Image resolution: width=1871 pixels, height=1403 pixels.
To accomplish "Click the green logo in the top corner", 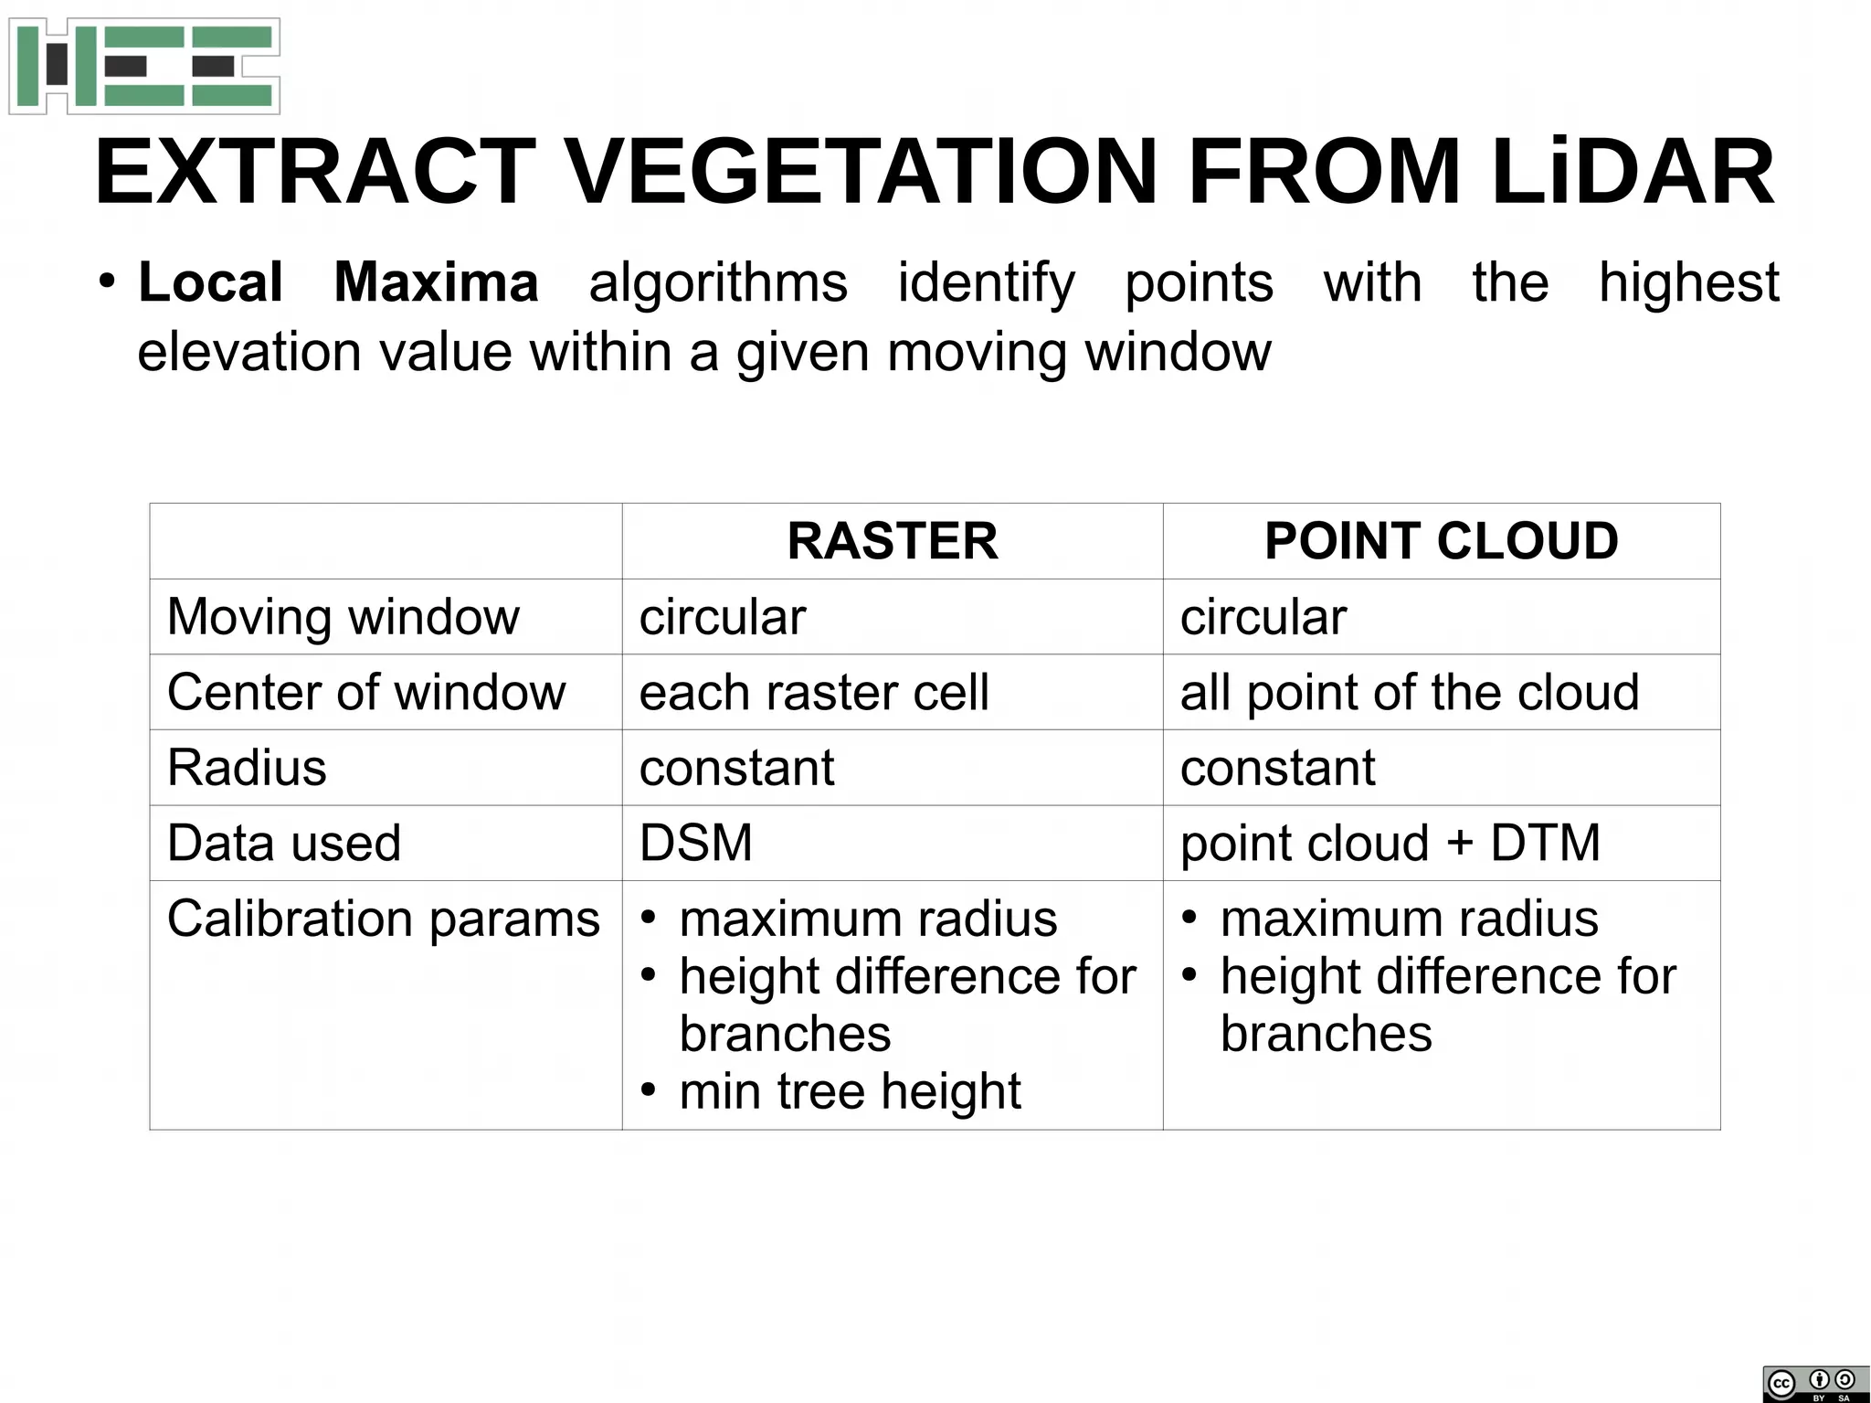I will (144, 66).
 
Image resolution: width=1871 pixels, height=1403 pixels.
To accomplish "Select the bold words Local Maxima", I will (338, 282).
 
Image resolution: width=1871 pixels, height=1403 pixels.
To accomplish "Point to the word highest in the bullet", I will (1688, 282).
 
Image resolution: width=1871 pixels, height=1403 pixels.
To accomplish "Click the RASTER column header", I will (892, 541).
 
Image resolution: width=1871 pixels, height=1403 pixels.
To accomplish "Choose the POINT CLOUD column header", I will (1441, 541).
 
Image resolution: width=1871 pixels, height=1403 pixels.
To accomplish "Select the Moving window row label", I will (343, 617).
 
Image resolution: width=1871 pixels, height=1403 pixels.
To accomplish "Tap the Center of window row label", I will (365, 692).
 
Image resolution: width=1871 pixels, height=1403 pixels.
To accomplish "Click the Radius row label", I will (247, 768).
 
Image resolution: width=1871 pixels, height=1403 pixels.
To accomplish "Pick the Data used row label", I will (283, 843).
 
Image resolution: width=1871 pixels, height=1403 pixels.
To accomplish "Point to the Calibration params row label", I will (383, 919).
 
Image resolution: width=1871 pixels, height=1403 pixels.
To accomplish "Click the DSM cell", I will (696, 843).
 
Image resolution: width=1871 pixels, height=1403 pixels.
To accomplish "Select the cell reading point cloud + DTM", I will (1390, 843).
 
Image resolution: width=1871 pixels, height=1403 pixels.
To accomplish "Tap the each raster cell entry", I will (813, 692).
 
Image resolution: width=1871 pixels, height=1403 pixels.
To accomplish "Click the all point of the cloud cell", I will (1409, 692).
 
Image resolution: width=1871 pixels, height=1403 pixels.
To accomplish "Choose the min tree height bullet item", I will (850, 1091).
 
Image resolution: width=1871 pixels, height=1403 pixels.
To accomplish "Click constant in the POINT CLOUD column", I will (1277, 768).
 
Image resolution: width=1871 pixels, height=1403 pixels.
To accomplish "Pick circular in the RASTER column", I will (722, 617).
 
